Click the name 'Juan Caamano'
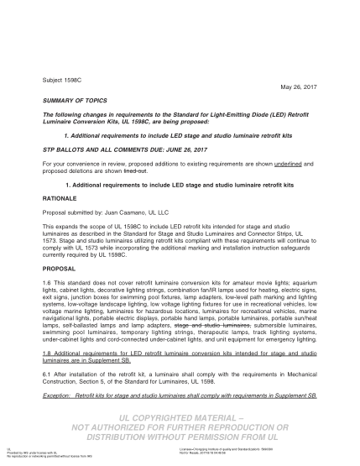131,212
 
